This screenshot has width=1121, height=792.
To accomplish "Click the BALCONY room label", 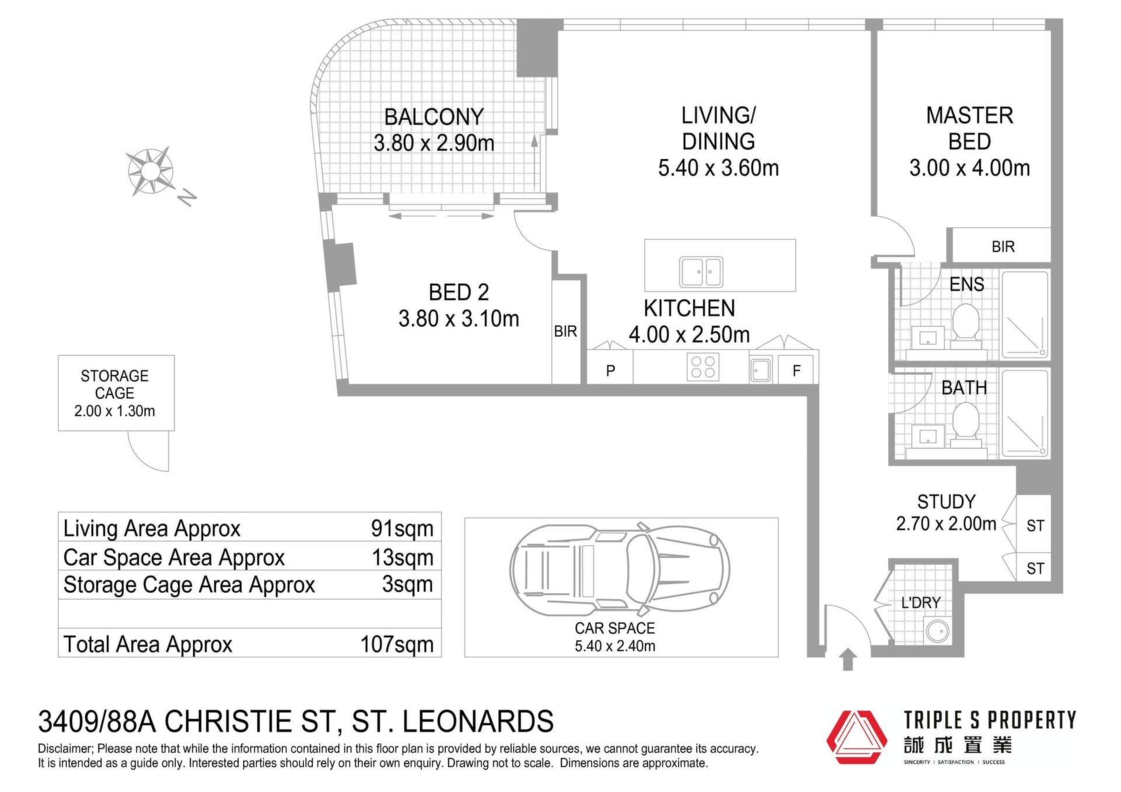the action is tap(434, 117).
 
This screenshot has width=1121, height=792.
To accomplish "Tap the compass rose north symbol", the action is tap(151, 171).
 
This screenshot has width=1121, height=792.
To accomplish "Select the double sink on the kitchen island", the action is tap(701, 272).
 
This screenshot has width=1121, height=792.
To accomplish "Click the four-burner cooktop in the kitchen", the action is tap(702, 367).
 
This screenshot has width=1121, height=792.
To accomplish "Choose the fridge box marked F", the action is tap(796, 369).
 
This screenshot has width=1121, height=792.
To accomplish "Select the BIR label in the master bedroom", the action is tap(1003, 247).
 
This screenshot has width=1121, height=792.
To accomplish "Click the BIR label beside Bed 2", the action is tap(565, 332).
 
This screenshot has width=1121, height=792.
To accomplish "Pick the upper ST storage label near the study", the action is tap(1035, 526).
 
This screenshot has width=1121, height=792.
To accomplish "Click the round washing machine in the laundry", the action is tap(938, 631).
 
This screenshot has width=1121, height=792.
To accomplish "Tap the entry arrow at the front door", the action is tap(848, 660).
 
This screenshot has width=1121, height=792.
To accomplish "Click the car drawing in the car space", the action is tap(619, 569).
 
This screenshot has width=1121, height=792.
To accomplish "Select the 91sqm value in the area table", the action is tap(402, 528).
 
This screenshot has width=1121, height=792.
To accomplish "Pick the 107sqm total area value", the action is tap(397, 644).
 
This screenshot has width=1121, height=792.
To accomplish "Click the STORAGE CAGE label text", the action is tap(114, 384).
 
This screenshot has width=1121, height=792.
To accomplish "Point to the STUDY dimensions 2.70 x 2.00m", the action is tap(946, 524).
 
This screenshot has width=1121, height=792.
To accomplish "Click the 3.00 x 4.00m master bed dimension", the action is tap(969, 168).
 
